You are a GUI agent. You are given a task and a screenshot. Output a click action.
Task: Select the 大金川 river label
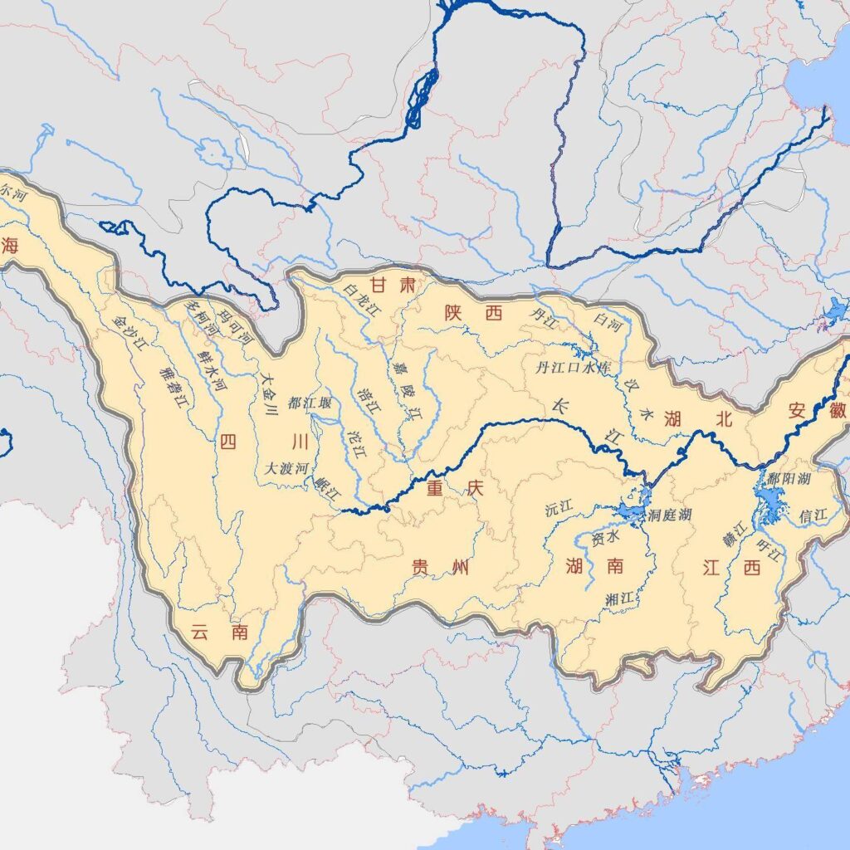[x=268, y=391]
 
